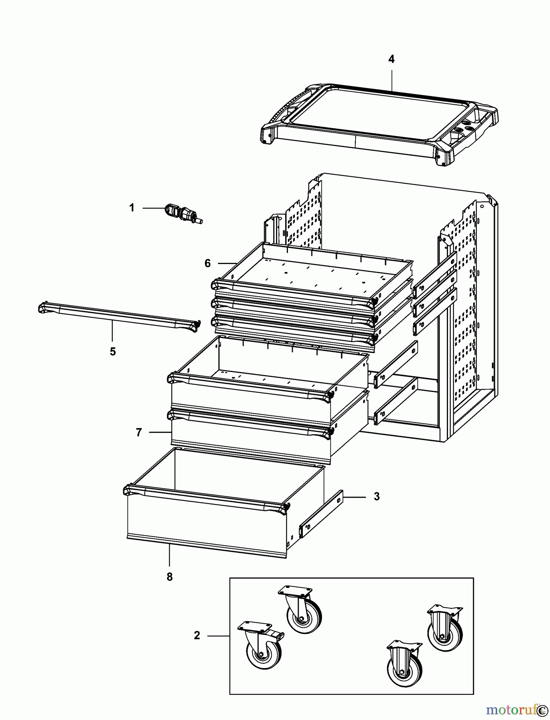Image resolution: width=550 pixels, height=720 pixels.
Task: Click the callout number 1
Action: (132, 208)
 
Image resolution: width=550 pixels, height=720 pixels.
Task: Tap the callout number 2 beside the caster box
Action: (197, 635)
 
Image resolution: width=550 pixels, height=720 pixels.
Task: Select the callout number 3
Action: (376, 496)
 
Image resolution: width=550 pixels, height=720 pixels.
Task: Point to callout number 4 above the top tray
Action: (391, 59)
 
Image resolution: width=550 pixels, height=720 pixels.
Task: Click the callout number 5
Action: (113, 352)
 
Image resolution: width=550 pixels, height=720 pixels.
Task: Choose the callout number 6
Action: (208, 263)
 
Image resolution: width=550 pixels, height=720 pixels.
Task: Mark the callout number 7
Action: (139, 432)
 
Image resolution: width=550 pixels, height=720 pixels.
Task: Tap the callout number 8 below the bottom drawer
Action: (170, 577)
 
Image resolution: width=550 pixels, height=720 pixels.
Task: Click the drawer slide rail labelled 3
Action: (321, 514)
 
